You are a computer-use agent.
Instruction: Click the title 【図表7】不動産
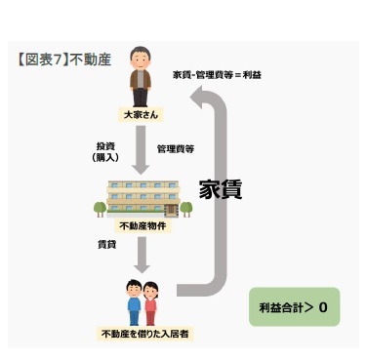point(65,59)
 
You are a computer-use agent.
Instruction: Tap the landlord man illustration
point(142,78)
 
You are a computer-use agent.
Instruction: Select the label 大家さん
point(142,115)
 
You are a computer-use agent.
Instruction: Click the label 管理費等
point(176,149)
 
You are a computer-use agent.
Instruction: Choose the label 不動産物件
point(143,226)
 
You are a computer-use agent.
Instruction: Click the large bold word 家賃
point(219,189)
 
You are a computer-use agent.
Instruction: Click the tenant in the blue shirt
point(134,300)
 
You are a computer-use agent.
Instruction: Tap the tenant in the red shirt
point(152,301)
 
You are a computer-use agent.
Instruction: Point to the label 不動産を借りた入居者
point(143,334)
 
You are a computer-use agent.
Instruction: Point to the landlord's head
point(142,57)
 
